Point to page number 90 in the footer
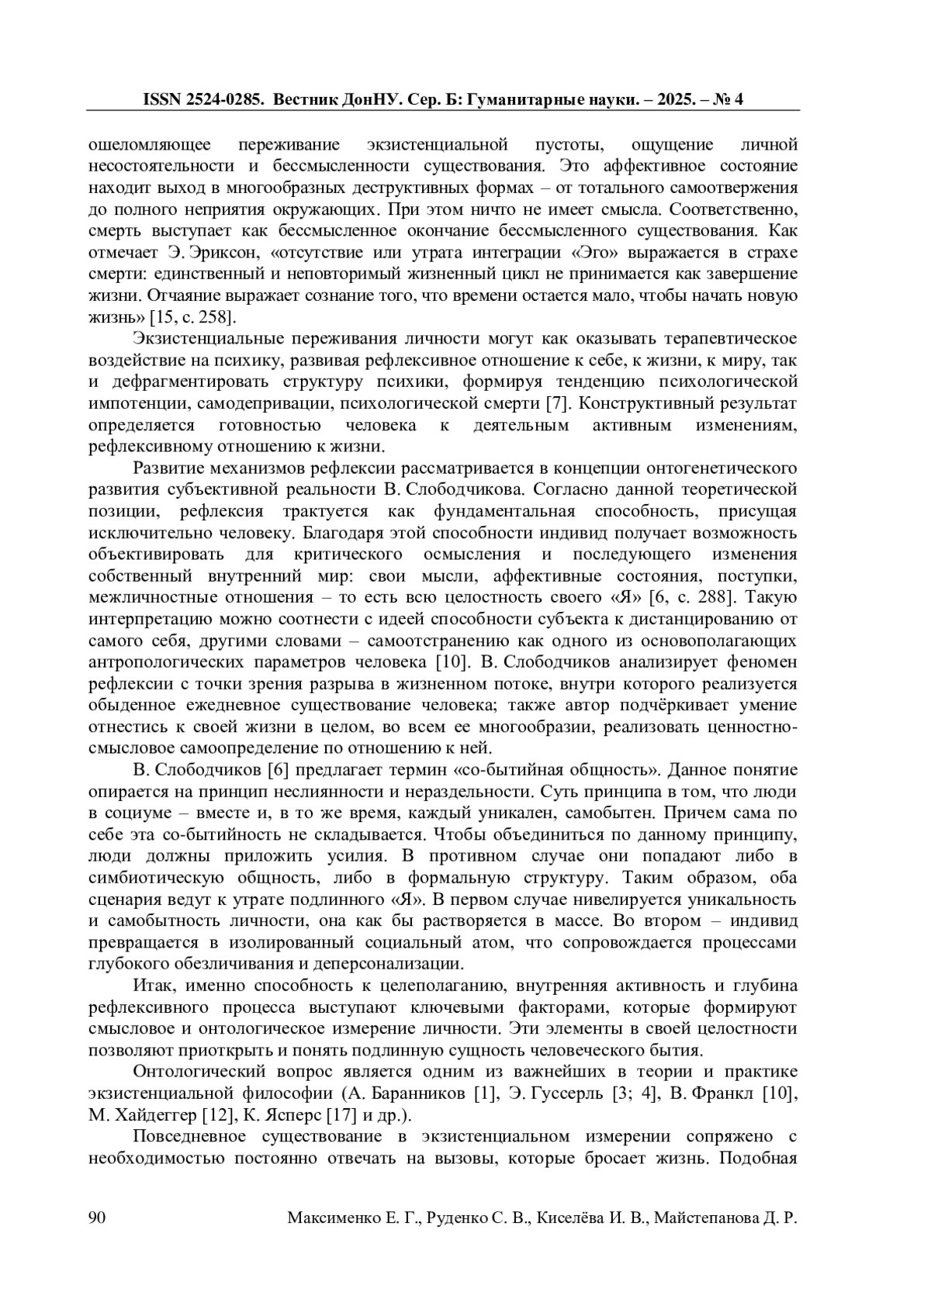click(x=98, y=1218)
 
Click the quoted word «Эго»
click(x=579, y=253)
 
